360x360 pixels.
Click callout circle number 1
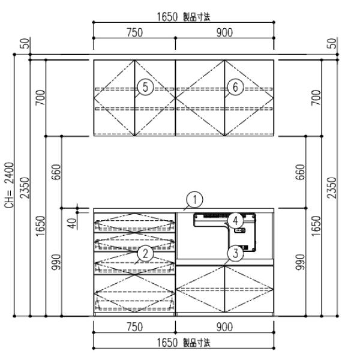[194, 200]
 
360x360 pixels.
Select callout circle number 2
[145, 254]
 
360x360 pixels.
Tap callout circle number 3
[236, 254]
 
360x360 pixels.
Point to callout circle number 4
[235, 221]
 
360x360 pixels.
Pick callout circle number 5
[145, 87]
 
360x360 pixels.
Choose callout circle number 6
[236, 87]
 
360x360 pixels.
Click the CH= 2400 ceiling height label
[10, 185]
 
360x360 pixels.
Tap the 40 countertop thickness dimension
[73, 223]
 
